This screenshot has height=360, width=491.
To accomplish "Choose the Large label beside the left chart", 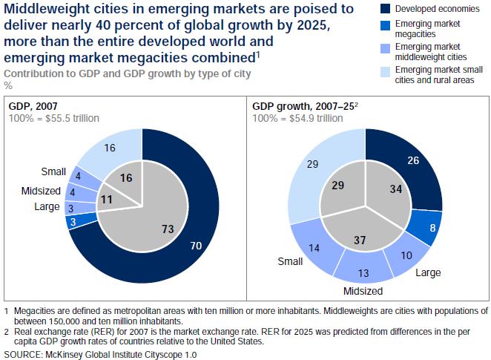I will [x=47, y=206].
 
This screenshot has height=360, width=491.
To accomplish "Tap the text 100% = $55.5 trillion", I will [x=53, y=118].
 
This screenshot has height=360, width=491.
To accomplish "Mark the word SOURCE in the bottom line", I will [x=24, y=354].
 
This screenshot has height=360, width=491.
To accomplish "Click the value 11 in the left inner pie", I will [x=106, y=199].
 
